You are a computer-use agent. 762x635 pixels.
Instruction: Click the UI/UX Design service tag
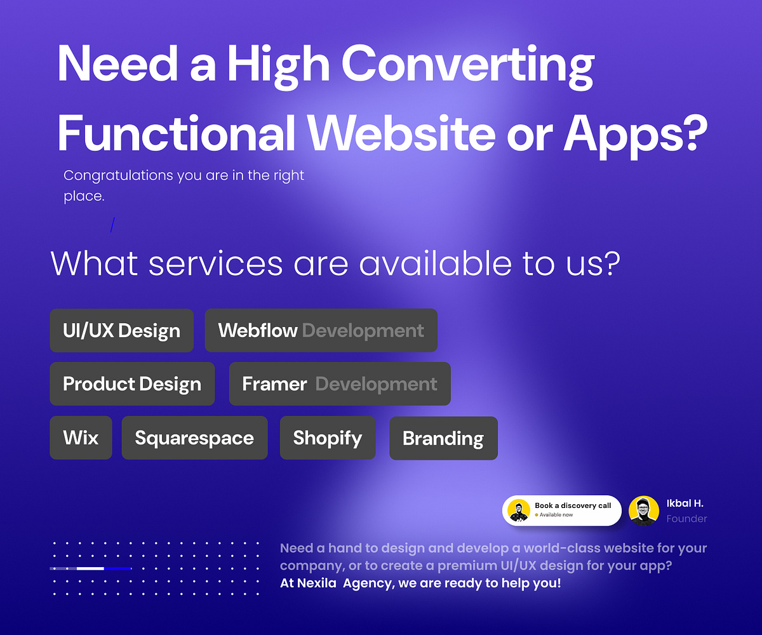(121, 331)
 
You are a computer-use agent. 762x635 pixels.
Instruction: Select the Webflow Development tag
(321, 331)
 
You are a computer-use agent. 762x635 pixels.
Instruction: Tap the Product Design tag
(132, 384)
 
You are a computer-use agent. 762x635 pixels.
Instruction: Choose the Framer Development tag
(340, 384)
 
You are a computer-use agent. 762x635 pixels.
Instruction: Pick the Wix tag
(81, 438)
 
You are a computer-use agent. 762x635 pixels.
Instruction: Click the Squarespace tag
(194, 438)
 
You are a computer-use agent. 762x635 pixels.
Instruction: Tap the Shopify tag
(328, 438)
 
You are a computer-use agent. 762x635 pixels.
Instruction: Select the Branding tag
(443, 438)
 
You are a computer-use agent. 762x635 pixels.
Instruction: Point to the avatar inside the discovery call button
(519, 511)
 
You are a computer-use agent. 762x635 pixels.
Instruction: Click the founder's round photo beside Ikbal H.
(644, 511)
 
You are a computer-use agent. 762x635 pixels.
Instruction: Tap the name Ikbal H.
(685, 504)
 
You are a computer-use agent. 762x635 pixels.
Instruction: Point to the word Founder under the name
(686, 519)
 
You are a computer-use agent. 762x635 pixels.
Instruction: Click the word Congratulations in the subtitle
(119, 175)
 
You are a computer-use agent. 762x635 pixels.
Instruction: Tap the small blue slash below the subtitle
(113, 225)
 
